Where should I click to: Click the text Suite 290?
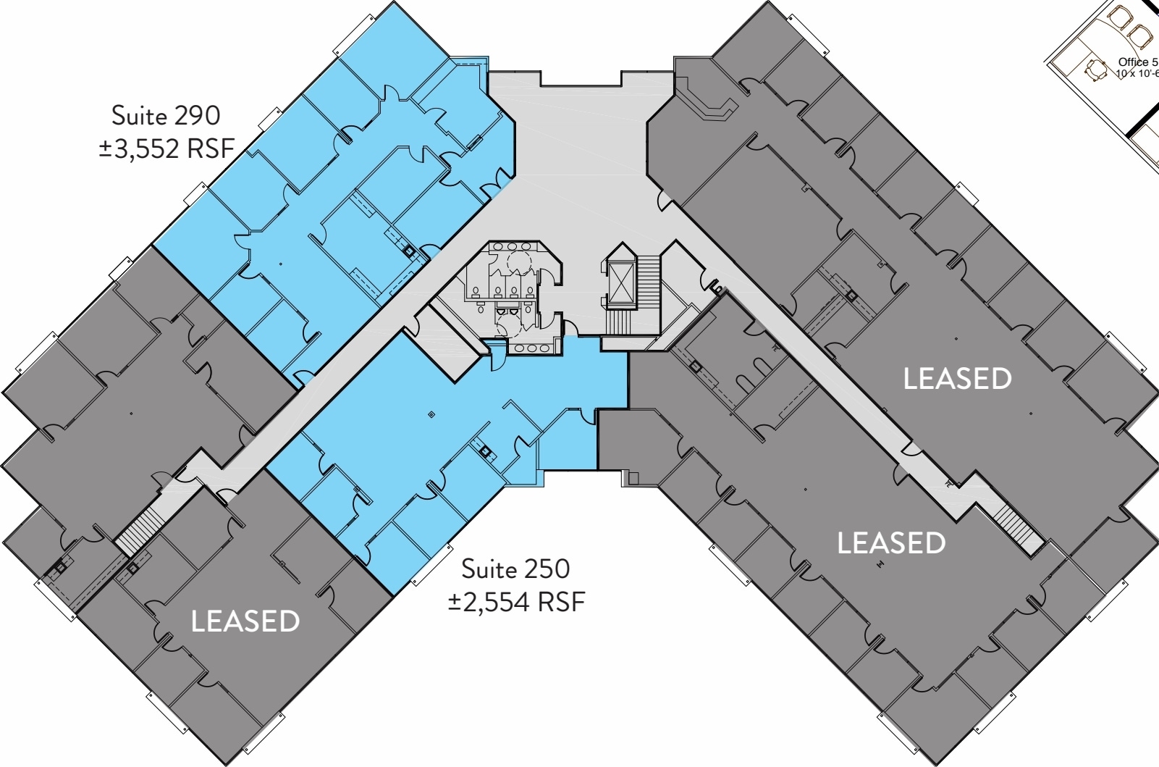(x=166, y=115)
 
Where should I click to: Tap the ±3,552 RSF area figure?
(x=167, y=148)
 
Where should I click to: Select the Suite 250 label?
(x=515, y=569)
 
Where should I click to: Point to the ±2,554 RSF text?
(x=515, y=602)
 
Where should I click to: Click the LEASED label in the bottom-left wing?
(x=245, y=621)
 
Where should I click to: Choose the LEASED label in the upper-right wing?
(x=957, y=379)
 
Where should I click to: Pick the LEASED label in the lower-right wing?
(x=890, y=543)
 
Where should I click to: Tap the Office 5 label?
(x=1137, y=62)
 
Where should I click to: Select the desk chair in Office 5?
(x=1096, y=69)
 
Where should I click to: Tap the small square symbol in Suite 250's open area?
(x=431, y=415)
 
